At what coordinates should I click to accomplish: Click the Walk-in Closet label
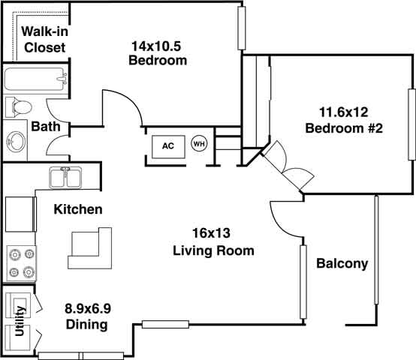coord(42,39)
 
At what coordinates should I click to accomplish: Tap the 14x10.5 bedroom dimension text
coord(156,46)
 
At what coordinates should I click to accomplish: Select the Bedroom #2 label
coord(345,128)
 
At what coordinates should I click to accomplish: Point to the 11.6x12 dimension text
coord(345,112)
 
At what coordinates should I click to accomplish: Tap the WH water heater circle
coord(199,143)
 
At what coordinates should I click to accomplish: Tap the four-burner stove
coord(21,262)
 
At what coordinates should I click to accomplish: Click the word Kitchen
coord(78,209)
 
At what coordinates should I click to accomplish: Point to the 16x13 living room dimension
coord(213,233)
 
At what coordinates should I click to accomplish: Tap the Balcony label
coord(342,263)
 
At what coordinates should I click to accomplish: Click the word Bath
coord(46,127)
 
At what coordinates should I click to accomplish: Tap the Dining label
coord(85,325)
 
